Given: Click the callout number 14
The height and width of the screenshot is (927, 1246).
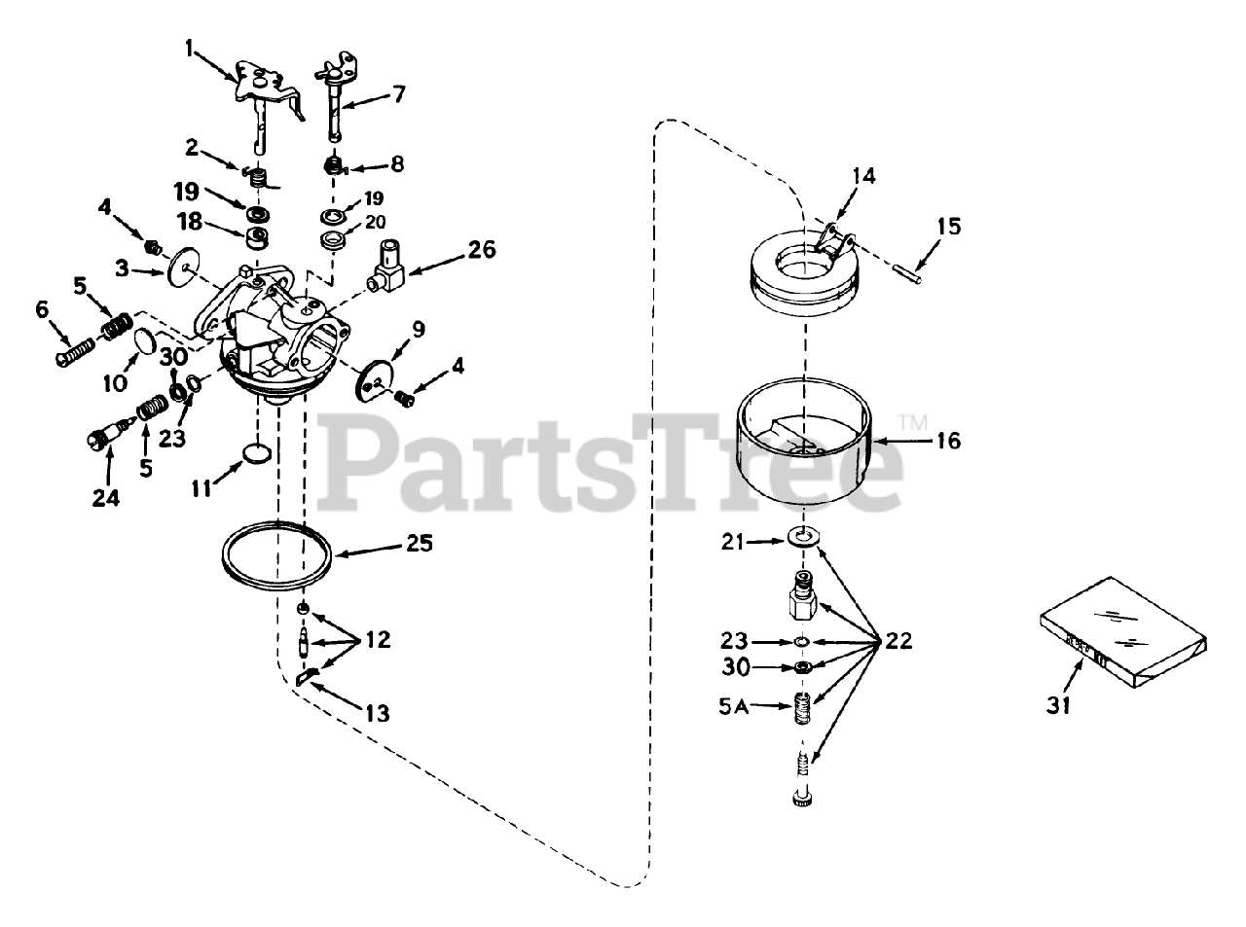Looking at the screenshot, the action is tap(863, 176).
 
